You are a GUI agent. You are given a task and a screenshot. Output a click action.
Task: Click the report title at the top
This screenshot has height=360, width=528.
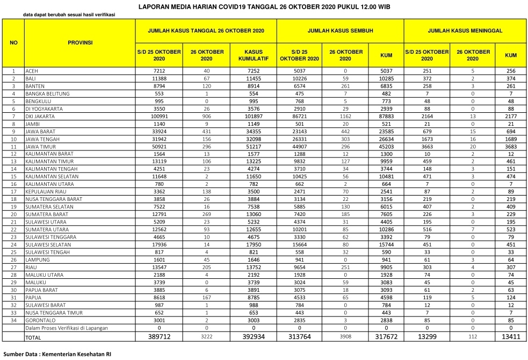[264, 7]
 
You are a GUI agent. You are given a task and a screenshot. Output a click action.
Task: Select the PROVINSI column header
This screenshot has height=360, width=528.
[80, 42]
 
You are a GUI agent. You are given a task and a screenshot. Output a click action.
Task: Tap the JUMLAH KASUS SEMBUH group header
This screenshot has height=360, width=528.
[340, 31]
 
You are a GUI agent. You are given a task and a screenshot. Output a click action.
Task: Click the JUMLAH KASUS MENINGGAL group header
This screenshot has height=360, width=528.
[465, 31]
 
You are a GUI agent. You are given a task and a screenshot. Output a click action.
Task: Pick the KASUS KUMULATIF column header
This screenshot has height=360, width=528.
[253, 55]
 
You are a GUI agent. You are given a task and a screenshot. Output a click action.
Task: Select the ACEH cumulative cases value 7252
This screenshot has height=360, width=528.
[253, 71]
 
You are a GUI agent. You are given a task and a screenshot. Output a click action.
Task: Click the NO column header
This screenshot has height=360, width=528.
[13, 42]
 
